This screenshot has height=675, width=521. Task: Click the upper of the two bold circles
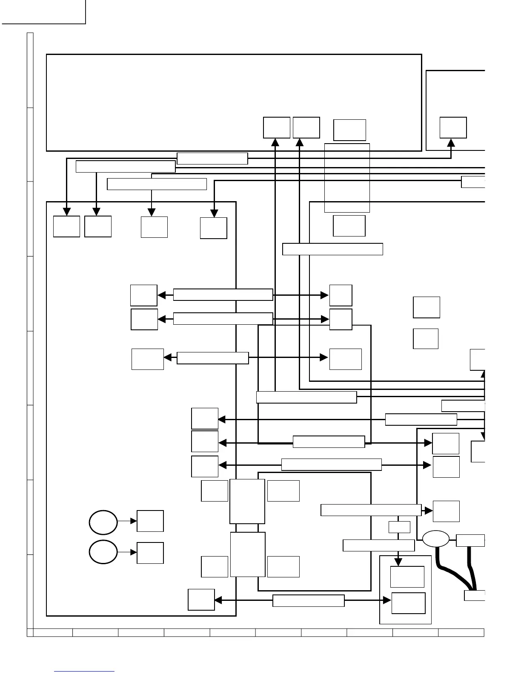coord(103,522)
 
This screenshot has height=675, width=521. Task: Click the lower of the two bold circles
coord(103,552)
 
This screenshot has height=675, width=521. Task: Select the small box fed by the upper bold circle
coord(150,521)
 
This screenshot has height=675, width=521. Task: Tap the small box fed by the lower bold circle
coord(150,553)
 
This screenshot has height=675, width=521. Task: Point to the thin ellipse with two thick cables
coord(435,539)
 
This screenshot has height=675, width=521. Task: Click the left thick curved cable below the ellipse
coord(451,571)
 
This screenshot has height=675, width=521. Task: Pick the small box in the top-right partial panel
coord(453,127)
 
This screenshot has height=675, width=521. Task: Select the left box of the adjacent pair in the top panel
coord(276,127)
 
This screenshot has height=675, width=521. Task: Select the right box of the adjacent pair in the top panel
coord(306,127)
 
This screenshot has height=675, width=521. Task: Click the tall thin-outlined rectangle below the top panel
coord(347,178)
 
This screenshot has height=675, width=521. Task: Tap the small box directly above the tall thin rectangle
coord(349,130)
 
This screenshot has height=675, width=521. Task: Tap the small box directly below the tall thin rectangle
coord(349,226)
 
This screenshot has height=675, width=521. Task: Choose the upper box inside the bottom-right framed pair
coord(407,577)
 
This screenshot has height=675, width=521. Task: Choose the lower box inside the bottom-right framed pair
coord(408,603)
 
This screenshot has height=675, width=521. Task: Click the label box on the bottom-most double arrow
coord(308,600)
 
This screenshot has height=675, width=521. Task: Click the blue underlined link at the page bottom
coord(84,672)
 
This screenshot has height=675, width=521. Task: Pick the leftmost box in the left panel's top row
coord(66,226)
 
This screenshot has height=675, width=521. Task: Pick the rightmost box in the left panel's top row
coord(213,228)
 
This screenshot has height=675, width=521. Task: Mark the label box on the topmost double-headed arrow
coord(223,294)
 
